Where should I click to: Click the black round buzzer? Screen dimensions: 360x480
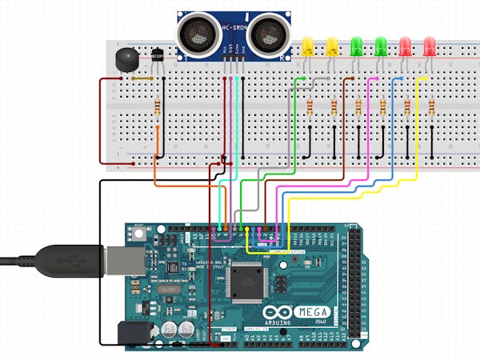[x=126, y=58]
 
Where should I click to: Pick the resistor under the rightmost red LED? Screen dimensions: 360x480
[x=431, y=106]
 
